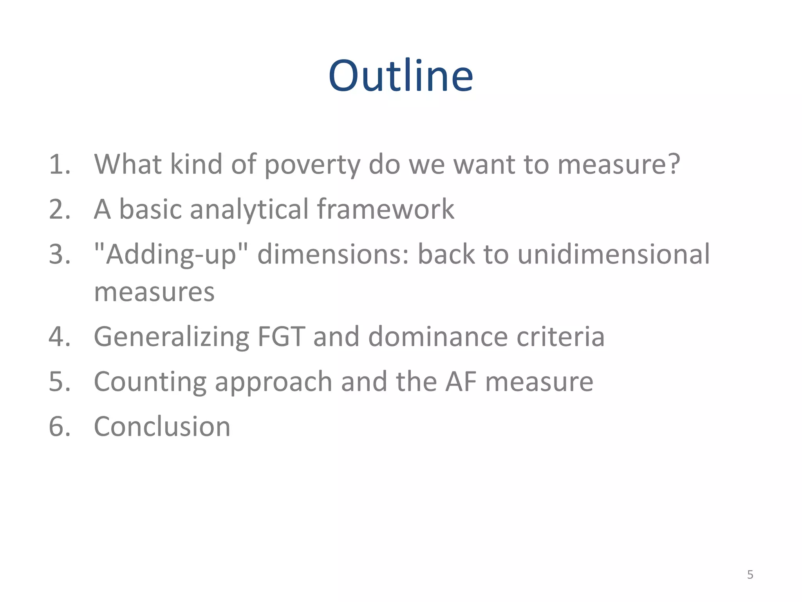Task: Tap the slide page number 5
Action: point(750,575)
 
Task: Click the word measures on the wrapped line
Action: point(154,292)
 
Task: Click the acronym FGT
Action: point(281,337)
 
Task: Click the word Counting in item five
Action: point(150,383)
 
